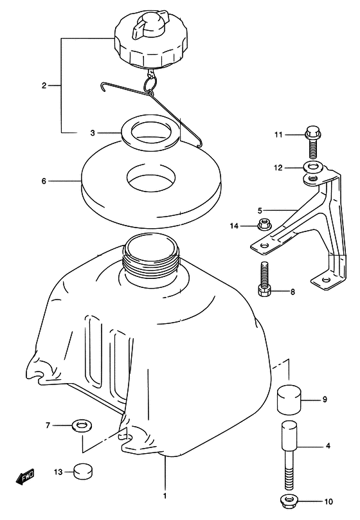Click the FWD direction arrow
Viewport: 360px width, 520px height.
[25, 477]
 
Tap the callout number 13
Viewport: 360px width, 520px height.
[59, 472]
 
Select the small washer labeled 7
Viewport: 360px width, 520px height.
[82, 425]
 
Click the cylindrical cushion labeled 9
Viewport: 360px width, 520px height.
[289, 399]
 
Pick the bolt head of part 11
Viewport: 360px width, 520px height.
[311, 132]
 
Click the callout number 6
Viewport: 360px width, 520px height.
[44, 181]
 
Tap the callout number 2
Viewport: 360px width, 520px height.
[44, 85]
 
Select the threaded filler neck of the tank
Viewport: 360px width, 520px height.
[151, 257]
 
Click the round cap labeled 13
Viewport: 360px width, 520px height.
[82, 471]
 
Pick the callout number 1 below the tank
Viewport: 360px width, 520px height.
[165, 496]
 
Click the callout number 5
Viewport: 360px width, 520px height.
[260, 210]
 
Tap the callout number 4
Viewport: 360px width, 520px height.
[328, 445]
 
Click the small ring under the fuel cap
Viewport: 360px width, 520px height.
[149, 85]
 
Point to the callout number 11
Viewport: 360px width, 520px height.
[278, 134]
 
